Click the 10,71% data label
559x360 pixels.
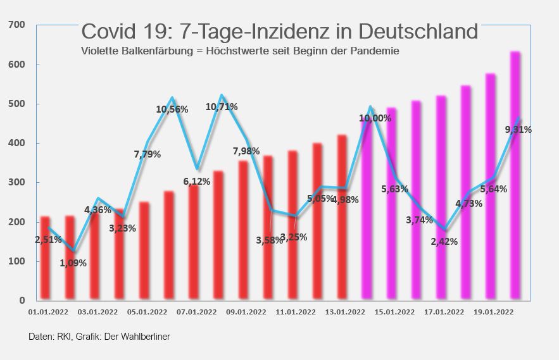click(x=222, y=107)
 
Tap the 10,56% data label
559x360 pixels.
click(x=172, y=109)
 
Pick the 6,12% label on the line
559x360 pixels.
click(x=196, y=181)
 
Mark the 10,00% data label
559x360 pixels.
click(x=375, y=118)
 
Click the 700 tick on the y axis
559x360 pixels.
click(x=17, y=25)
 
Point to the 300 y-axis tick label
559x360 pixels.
click(x=17, y=182)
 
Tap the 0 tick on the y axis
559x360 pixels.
click(x=22, y=301)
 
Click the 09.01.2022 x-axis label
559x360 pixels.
click(x=245, y=312)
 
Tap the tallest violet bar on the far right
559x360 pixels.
click(x=515, y=177)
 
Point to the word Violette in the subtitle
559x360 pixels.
click(x=100, y=51)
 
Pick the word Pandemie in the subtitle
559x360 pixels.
click(x=378, y=51)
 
